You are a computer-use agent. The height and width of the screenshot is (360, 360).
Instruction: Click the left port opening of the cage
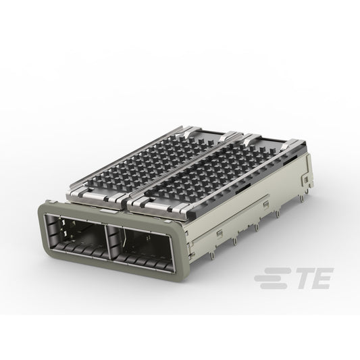(x=76, y=236)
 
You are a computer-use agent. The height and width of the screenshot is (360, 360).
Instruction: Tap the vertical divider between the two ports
(x=106, y=241)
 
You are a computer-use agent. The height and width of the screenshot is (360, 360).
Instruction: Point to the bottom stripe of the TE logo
(x=274, y=286)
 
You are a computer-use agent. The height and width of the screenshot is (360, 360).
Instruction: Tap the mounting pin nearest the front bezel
(x=212, y=255)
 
